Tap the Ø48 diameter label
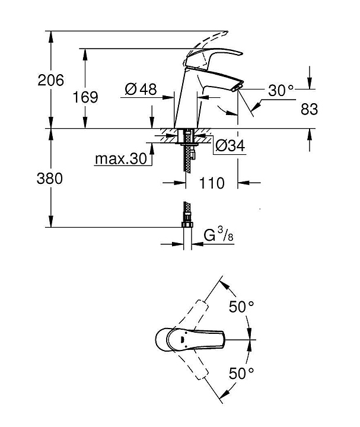tap(141, 90)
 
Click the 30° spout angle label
tap(281, 91)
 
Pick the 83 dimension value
tap(309, 109)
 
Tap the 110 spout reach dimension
tap(212, 183)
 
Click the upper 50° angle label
tap(241, 307)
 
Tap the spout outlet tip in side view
tap(238, 87)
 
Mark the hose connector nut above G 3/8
tap(187, 223)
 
